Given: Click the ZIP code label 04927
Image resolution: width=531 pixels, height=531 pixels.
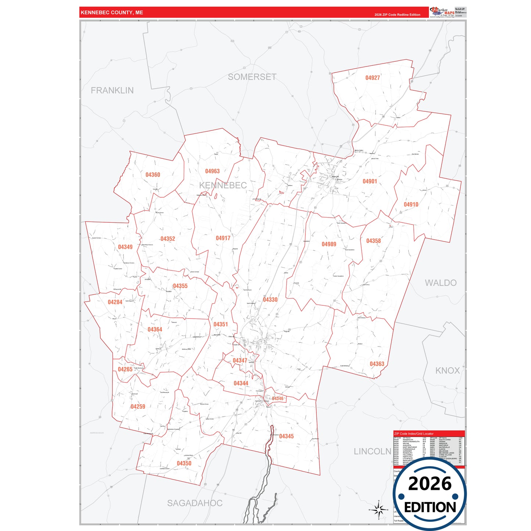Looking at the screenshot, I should (x=372, y=78).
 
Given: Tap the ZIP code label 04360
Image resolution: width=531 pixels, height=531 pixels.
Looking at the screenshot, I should (x=153, y=175).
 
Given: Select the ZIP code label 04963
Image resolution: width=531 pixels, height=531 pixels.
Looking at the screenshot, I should (x=212, y=171).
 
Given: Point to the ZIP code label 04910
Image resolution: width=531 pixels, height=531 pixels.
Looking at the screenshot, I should (x=411, y=205).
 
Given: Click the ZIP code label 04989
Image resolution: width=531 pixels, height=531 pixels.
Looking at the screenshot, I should (x=329, y=244).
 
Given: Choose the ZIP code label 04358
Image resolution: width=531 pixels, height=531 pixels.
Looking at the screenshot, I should (x=373, y=241).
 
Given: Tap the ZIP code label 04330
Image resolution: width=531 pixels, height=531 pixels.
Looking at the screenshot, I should (x=270, y=300).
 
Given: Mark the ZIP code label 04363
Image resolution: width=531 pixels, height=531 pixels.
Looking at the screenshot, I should (x=377, y=364).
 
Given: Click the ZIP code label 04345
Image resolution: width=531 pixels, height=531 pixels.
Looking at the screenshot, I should (x=286, y=437).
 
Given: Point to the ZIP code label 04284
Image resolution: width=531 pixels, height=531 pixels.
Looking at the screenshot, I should (x=115, y=302).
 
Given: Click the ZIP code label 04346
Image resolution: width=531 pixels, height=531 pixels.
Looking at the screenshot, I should (x=277, y=399).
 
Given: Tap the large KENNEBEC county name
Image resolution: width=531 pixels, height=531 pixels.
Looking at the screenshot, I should (x=223, y=186).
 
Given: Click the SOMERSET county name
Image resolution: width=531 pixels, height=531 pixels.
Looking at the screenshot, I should (x=252, y=77).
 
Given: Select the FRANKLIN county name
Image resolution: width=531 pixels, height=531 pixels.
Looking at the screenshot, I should (x=112, y=90).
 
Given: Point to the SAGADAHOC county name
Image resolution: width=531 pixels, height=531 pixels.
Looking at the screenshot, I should (x=195, y=503).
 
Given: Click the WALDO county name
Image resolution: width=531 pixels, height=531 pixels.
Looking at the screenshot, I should (x=441, y=283).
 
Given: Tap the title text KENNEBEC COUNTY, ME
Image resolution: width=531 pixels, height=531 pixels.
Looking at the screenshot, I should (x=112, y=12).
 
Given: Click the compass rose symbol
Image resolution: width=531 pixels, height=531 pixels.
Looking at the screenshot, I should (x=378, y=510).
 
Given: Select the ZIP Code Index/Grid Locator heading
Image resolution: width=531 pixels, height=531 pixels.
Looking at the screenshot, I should (x=414, y=434).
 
